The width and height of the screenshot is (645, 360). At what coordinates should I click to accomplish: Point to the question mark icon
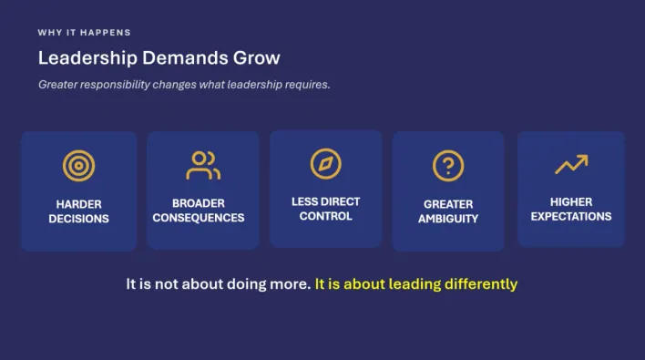click(x=448, y=166)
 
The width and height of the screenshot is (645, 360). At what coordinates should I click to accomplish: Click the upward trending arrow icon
click(x=571, y=164)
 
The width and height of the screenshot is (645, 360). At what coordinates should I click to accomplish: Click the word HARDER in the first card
click(x=78, y=204)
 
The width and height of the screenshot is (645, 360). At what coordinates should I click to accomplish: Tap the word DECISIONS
click(x=78, y=219)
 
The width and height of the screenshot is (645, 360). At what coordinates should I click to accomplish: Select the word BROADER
click(x=199, y=203)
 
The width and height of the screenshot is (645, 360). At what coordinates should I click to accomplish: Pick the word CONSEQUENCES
click(x=199, y=218)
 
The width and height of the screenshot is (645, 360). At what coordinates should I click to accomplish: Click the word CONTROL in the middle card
click(x=326, y=216)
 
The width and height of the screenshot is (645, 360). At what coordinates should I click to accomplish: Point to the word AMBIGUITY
click(x=448, y=219)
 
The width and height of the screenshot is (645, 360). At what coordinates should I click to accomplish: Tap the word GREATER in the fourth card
click(x=448, y=204)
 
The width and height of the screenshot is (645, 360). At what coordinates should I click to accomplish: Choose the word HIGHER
click(x=571, y=202)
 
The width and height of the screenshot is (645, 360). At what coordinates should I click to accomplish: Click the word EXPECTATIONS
click(x=571, y=216)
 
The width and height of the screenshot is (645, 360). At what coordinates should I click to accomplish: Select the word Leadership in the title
click(x=87, y=58)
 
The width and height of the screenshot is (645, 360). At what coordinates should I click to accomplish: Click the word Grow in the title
click(x=257, y=58)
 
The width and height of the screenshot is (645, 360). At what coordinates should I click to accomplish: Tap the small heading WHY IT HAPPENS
click(x=85, y=33)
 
